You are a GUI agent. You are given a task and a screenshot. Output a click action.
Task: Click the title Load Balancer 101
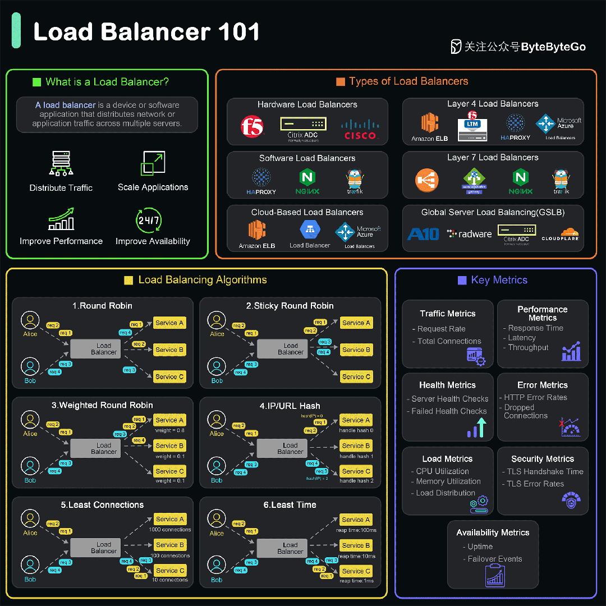coord(146,32)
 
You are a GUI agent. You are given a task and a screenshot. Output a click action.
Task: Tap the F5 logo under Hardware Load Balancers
coord(252,127)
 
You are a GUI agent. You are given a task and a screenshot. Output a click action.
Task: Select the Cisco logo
coord(360,130)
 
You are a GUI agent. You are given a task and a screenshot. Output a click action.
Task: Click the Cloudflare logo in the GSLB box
coord(559,233)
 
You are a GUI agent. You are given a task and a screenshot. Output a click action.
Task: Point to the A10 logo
coord(423,234)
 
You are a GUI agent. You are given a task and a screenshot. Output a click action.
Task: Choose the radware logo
coord(469,234)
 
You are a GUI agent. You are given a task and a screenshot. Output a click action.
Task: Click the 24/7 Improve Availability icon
coord(149,220)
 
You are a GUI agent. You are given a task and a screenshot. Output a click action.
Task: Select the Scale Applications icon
coord(153,163)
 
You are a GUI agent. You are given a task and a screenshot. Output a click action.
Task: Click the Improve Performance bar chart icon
coord(61,219)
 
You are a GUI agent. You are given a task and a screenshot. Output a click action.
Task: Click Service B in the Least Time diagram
coord(356,545)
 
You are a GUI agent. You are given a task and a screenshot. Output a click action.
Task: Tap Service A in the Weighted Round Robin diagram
coord(169,420)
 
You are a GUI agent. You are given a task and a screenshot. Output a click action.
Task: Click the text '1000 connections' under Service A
coord(170,530)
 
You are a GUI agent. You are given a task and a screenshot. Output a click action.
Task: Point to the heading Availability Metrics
coord(493,532)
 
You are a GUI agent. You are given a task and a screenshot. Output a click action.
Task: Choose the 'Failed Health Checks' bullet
coord(449,411)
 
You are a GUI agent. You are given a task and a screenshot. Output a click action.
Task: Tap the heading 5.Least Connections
coord(102,505)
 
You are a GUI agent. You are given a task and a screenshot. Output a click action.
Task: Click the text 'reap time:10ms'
coord(356,556)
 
